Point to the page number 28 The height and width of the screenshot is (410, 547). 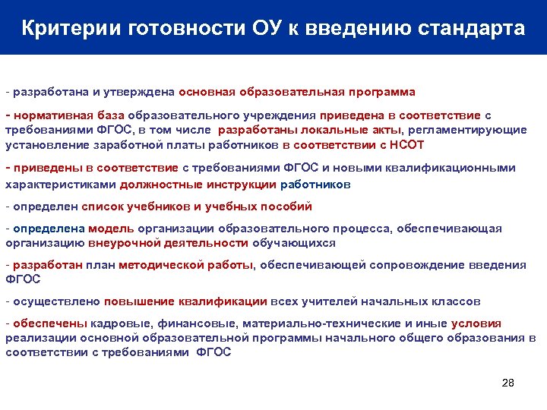pyautogui.click(x=508, y=383)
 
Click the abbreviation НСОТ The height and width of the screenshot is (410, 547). pyautogui.click(x=407, y=144)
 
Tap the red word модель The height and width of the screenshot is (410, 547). pyautogui.click(x=111, y=229)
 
